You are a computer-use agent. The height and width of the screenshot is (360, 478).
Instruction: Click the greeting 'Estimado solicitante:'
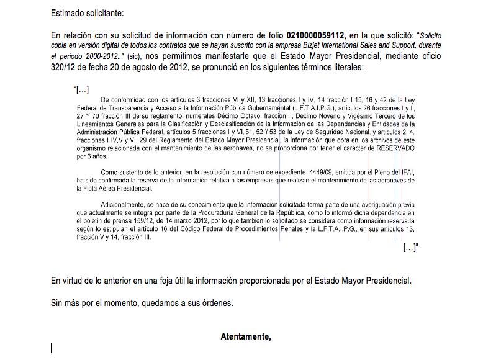(x=88, y=12)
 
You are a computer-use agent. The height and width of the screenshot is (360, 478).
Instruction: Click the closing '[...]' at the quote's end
(x=410, y=248)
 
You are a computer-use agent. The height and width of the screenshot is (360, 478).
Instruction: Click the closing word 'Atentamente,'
(x=246, y=336)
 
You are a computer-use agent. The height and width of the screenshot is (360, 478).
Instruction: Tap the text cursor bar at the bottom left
(x=52, y=348)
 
